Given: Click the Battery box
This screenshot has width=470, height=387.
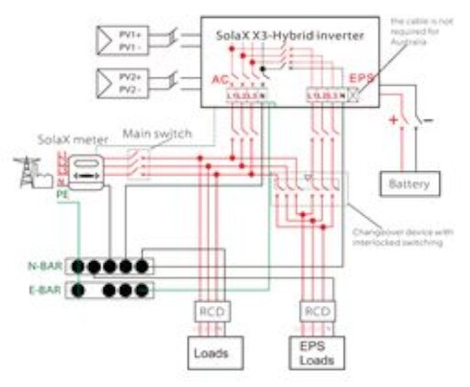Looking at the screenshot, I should pos(409,183).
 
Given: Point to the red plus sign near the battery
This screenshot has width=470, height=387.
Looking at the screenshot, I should pos(391,121).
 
